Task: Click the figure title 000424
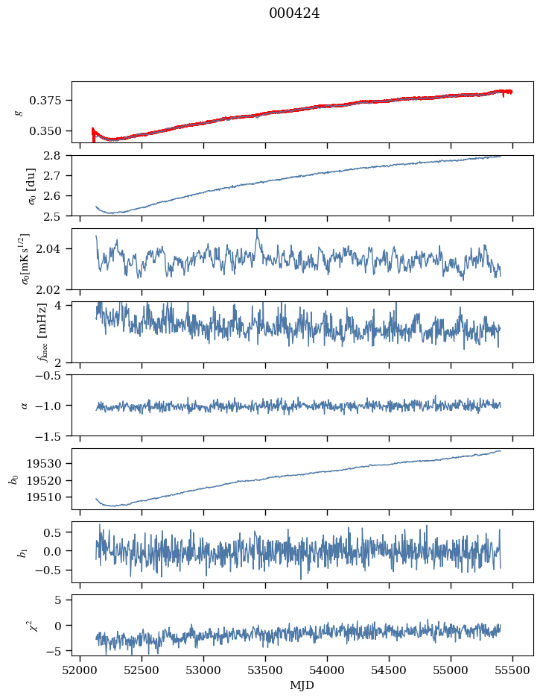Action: [x=294, y=13]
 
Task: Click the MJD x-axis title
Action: [x=302, y=685]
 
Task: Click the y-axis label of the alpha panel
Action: [x=23, y=405]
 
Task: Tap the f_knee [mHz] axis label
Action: [x=23, y=332]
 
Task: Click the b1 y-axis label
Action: [x=23, y=552]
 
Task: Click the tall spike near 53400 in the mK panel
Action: [x=257, y=230]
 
